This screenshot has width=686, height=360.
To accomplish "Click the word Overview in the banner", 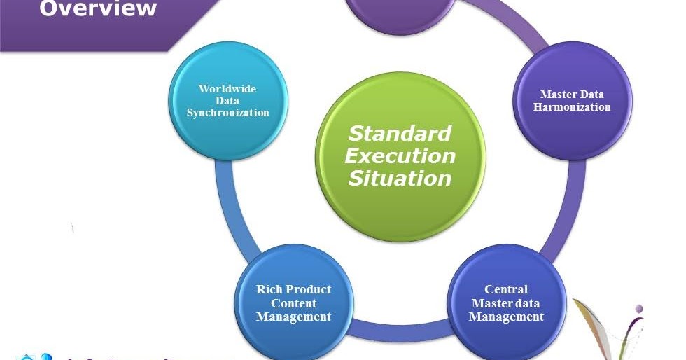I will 98,8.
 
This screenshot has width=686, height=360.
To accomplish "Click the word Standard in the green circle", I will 400,132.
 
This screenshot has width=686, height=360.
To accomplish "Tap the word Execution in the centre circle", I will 400,155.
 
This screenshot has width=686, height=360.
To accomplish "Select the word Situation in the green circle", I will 400,178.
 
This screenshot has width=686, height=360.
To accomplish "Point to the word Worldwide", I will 227,89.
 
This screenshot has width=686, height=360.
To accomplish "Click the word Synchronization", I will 228,113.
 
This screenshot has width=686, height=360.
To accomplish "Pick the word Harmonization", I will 572,107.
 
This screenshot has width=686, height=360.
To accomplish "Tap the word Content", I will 293,303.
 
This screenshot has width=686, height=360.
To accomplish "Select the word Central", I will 506,289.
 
